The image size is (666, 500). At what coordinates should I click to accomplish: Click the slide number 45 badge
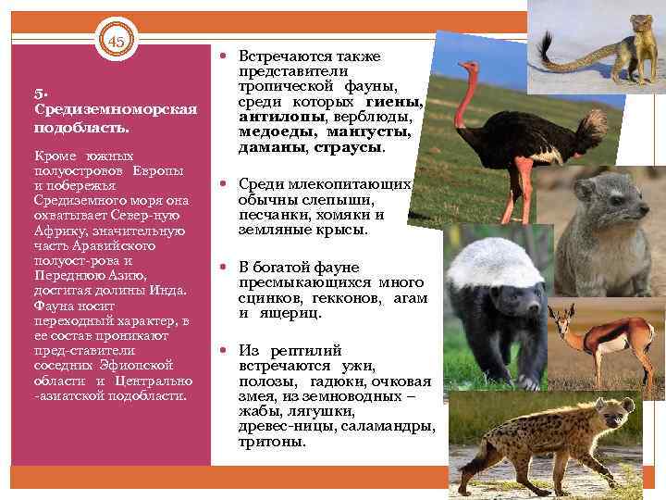pyautogui.click(x=117, y=42)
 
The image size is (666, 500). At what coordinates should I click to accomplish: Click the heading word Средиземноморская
pyautogui.click(x=115, y=109)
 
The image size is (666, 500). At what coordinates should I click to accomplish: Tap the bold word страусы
pyautogui.click(x=349, y=147)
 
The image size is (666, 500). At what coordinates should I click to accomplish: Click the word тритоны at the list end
pyautogui.click(x=272, y=442)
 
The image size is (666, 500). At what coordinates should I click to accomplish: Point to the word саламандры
pyautogui.click(x=388, y=426)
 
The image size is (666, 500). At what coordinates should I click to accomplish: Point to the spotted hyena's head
pyautogui.click(x=607, y=412)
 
